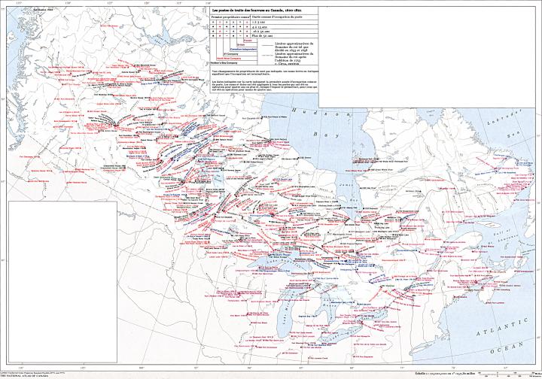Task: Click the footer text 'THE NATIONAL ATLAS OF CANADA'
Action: point(30,375)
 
